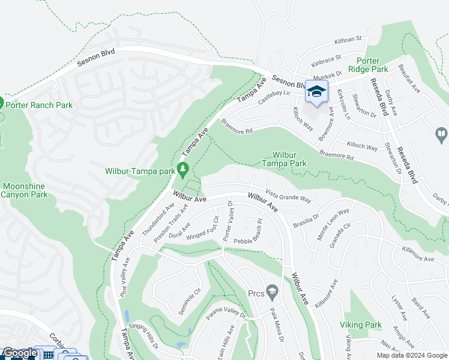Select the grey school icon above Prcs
point(273,291)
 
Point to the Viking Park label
point(364,325)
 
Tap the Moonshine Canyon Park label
point(24,190)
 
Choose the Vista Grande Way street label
point(288,196)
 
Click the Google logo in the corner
point(20,353)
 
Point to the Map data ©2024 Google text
point(412,355)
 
